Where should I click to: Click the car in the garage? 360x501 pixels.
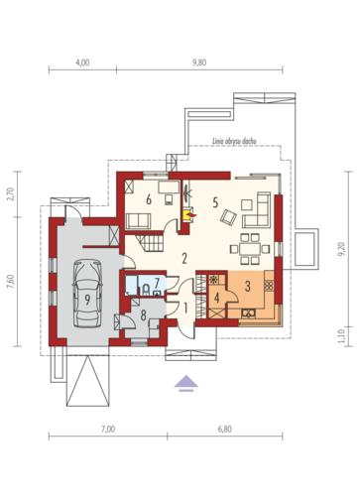87,294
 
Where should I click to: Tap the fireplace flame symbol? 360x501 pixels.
191,215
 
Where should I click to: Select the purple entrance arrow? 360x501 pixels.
186,384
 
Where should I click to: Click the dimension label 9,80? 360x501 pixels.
199,63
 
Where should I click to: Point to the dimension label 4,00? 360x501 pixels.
82,63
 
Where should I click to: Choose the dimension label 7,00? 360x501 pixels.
108,430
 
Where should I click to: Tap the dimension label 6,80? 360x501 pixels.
225,430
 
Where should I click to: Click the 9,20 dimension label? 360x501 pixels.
342,249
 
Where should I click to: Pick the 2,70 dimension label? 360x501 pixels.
11,194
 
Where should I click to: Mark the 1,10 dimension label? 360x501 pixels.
342,336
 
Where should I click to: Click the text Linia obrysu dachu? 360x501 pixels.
234,141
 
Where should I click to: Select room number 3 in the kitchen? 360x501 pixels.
248,287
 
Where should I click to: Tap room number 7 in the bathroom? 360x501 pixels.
157,283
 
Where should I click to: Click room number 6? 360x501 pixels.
149,199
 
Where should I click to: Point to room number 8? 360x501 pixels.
143,315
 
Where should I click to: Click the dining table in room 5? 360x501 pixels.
250,249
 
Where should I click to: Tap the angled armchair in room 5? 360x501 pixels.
228,217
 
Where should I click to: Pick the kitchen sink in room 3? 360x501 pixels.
248,313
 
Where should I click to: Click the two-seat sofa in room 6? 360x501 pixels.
138,221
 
